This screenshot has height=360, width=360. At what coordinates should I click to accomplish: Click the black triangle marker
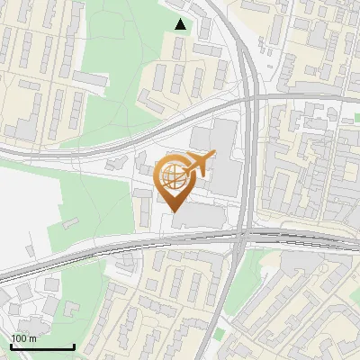click(181, 24)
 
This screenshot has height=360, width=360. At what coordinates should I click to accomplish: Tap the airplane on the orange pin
click(198, 164)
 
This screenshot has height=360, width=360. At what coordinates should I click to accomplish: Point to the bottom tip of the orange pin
click(175, 212)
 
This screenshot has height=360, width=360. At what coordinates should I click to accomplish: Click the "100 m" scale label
click(24, 337)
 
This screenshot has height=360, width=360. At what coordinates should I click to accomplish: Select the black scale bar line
click(41, 346)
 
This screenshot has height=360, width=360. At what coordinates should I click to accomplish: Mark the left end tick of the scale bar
click(11, 345)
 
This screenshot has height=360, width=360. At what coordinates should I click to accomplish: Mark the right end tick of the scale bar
click(73, 345)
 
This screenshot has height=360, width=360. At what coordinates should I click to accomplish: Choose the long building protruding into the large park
click(86, 80)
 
